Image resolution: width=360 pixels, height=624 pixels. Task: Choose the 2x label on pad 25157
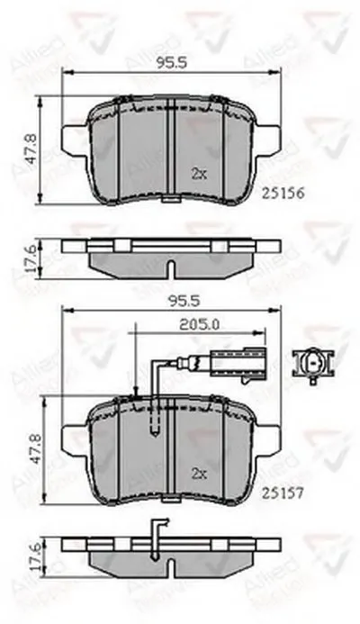pos(199,472)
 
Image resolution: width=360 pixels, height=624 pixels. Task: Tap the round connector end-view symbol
pos(314,364)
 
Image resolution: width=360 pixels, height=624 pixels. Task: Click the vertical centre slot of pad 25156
pos(169,149)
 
